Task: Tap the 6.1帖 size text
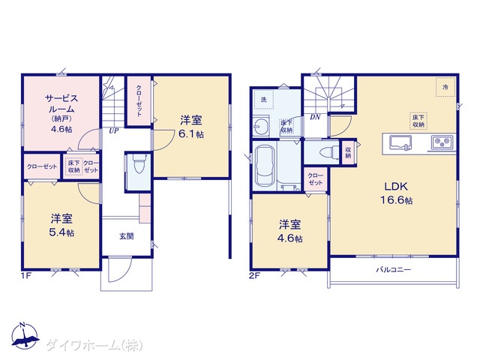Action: coord(192,133)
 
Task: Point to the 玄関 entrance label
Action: coord(126,236)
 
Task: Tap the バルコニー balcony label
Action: coord(392,268)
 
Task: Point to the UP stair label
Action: coord(113,131)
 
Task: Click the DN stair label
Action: coord(315,118)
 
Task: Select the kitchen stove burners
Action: coord(440,141)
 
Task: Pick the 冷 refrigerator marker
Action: coord(445,87)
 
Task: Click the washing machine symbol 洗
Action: coord(263,100)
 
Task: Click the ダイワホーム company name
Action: coord(94,345)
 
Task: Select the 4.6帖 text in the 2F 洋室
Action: coord(288,238)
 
